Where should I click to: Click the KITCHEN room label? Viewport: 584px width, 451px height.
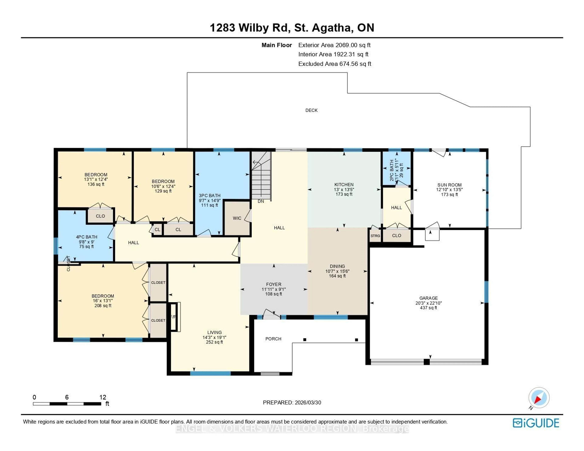pyautogui.click(x=344, y=185)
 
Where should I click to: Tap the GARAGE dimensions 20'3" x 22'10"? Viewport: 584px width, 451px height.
pyautogui.click(x=428, y=303)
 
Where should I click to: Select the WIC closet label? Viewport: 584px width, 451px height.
pyautogui.click(x=237, y=218)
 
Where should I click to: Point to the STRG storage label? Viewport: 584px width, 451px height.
pyautogui.click(x=375, y=236)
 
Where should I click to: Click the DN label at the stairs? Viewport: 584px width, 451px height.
pyautogui.click(x=261, y=201)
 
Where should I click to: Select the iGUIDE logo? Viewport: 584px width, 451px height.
pyautogui.click(x=536, y=423)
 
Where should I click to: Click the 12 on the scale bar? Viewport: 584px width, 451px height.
pyautogui.click(x=103, y=397)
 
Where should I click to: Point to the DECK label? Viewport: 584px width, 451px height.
pyautogui.click(x=311, y=110)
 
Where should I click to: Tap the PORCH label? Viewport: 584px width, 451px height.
pyautogui.click(x=273, y=339)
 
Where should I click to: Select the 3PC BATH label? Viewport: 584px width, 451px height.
pyautogui.click(x=209, y=195)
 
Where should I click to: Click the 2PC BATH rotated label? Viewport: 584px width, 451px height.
pyautogui.click(x=392, y=170)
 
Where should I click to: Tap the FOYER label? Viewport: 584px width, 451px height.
pyautogui.click(x=274, y=284)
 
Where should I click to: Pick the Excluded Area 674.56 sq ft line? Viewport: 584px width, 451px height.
pyautogui.click(x=335, y=64)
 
